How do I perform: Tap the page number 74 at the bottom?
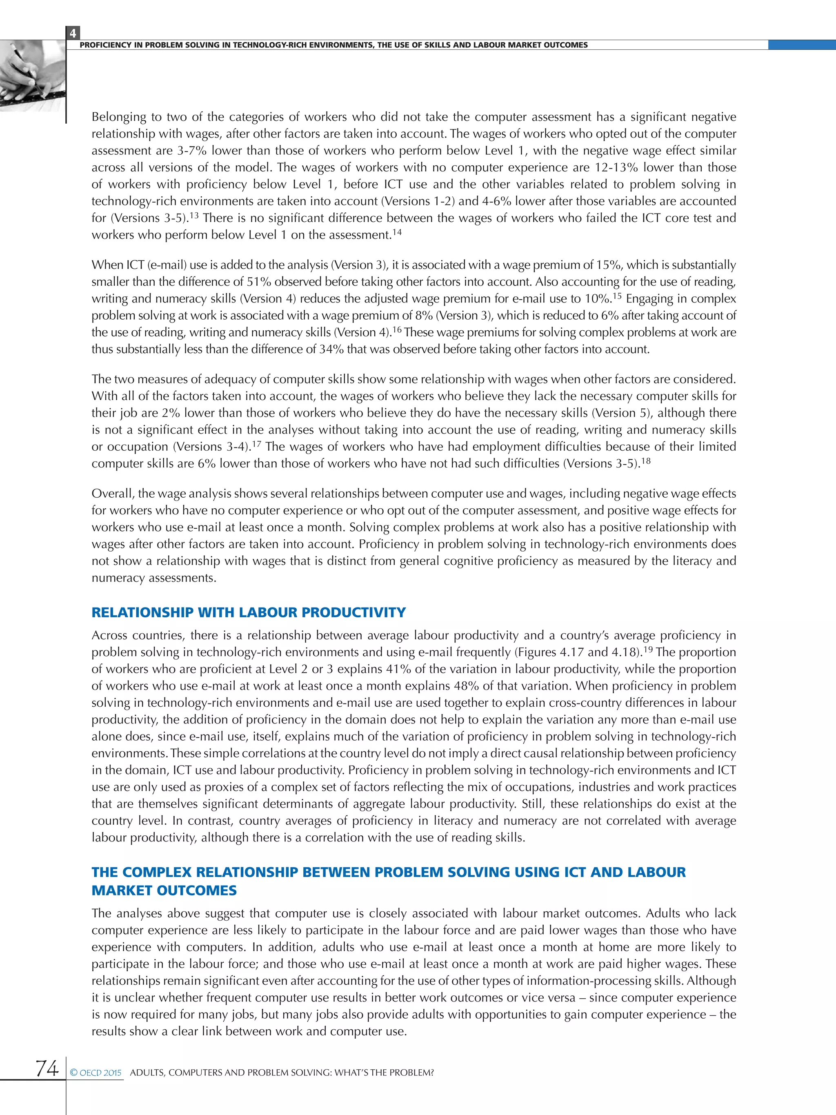pyautogui.click(x=47, y=1068)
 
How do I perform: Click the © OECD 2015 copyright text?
pyautogui.click(x=96, y=1073)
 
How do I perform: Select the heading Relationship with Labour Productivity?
pyautogui.click(x=249, y=612)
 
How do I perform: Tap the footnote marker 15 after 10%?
pyautogui.click(x=617, y=295)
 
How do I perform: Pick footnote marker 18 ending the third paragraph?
pyautogui.click(x=645, y=460)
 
